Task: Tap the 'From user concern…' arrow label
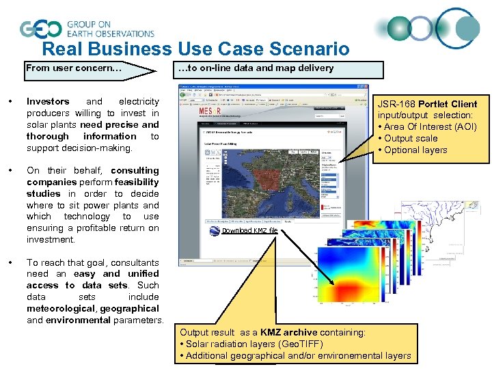(x=74, y=68)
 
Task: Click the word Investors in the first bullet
(x=48, y=102)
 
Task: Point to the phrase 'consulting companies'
(x=109, y=176)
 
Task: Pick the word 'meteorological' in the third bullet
(x=61, y=309)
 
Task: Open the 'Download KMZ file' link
(x=249, y=231)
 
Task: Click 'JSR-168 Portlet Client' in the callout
(x=427, y=104)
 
